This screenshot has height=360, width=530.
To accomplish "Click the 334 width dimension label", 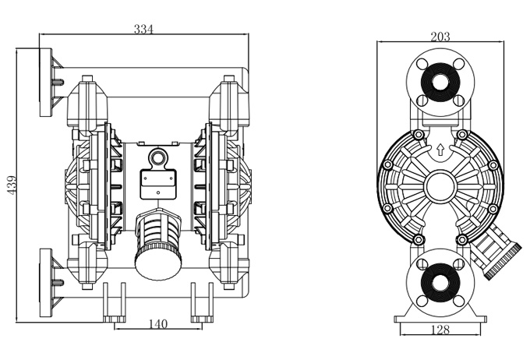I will tap(143, 29).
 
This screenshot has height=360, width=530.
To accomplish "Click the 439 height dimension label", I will tap(12, 184).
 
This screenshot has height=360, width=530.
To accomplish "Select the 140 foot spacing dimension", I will tap(158, 323).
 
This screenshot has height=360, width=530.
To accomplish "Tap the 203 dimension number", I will tap(440, 36).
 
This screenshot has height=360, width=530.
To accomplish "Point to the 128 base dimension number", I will tap(440, 330).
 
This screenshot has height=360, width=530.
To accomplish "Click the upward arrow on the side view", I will tap(440, 150).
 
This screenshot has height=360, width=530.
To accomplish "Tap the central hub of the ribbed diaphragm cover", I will tap(440, 187).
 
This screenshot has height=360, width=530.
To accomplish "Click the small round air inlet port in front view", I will tap(159, 158).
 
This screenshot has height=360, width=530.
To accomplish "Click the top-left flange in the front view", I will tap(48, 82).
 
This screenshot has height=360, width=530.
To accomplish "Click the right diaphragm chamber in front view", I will tap(227, 184).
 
